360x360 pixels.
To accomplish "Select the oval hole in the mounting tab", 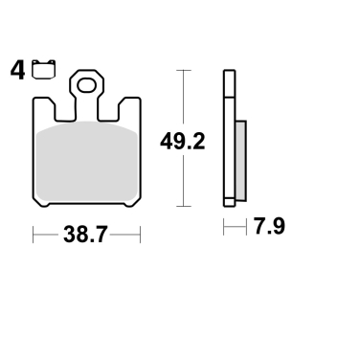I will point(86,87).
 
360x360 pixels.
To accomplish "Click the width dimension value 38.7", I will point(87,232).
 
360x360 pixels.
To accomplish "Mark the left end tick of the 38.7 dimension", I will point(34,233).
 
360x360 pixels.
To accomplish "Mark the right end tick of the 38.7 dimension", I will point(140,233).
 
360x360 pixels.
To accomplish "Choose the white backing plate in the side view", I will point(229,140).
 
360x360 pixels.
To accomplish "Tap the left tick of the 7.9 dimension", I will point(224,228).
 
